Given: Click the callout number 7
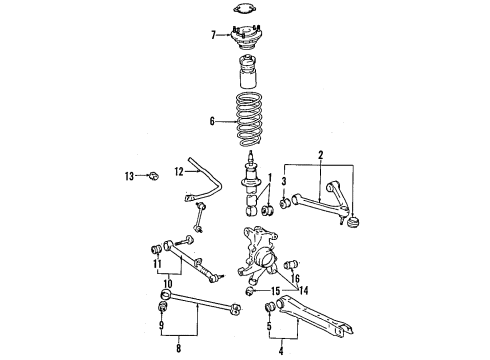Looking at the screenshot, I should pyautogui.click(x=212, y=35).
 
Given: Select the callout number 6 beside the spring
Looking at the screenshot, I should pyautogui.click(x=211, y=122).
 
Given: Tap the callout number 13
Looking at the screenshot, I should pyautogui.click(x=129, y=176).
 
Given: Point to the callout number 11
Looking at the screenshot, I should pyautogui.click(x=157, y=265).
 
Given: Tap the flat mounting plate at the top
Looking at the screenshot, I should pyautogui.click(x=243, y=11).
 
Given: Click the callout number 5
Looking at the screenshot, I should pyautogui.click(x=269, y=323).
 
